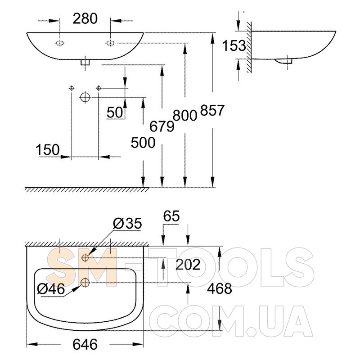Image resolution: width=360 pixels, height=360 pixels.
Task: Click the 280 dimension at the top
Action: pos(85,18)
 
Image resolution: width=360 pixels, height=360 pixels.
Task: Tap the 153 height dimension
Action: pos(234,45)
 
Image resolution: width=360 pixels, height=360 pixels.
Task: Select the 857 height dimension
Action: pos(212,110)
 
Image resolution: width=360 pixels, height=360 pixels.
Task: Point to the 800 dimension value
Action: pos(185,115)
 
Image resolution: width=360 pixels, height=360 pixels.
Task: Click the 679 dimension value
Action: pos(162,126)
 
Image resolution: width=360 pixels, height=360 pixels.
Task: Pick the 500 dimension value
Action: pos(143,143)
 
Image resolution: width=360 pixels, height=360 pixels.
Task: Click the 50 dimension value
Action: pos(115,112)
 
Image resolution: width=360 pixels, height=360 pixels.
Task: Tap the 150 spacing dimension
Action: pos(48,150)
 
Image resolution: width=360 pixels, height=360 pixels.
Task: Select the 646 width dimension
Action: pos(85,344)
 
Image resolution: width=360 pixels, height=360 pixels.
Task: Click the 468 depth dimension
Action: pos(220,288)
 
